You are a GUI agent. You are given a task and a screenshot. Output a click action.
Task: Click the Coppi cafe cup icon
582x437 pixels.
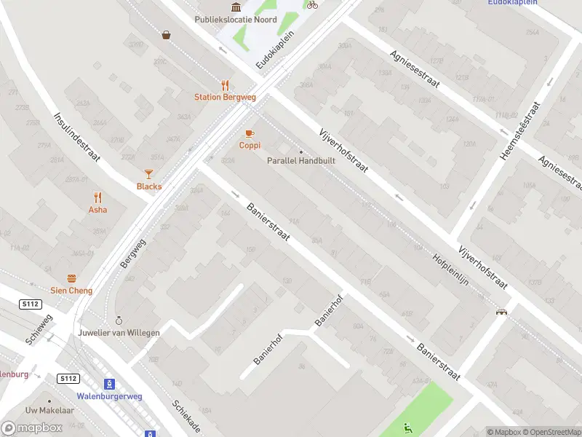click(x=250, y=133)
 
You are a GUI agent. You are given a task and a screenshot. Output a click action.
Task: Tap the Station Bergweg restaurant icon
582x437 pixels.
click(x=225, y=85)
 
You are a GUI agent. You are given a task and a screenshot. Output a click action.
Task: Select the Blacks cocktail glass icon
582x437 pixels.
click(x=149, y=173)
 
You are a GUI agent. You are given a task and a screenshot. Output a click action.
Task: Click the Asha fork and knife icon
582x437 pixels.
click(x=97, y=197)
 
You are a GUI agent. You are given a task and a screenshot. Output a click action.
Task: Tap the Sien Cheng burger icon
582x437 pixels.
click(x=71, y=278)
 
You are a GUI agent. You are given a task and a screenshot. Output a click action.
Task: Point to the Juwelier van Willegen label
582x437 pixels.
click(x=119, y=332)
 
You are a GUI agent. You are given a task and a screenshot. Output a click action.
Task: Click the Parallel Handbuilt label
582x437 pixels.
click(x=301, y=160)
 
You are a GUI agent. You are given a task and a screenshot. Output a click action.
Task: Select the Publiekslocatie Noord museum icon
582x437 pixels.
click(x=236, y=7)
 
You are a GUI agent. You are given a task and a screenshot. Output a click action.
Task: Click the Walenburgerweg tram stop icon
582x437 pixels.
click(x=109, y=384)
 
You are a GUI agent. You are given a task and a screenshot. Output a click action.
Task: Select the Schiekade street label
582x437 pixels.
click(x=186, y=417)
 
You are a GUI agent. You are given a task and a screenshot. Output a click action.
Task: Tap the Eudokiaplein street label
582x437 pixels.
click(x=274, y=50)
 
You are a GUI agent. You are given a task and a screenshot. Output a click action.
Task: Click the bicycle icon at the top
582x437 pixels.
click(x=312, y=4)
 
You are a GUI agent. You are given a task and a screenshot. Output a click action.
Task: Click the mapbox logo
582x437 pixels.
click(x=32, y=428)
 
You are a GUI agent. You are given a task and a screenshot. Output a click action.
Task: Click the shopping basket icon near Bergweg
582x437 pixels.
click(x=167, y=34)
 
